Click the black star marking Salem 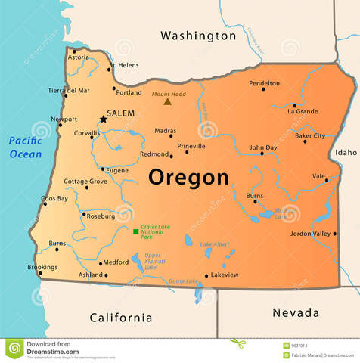[104, 119]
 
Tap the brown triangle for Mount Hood [167, 101]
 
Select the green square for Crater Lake [135, 231]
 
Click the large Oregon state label [188, 177]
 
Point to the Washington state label [198, 36]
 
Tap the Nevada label [295, 312]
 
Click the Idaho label [346, 152]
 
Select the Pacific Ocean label [26, 147]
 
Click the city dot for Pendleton [263, 89]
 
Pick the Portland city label [129, 93]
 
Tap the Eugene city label [117, 171]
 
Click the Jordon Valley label [311, 234]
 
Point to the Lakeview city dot [206, 275]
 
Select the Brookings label [42, 267]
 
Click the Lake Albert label [215, 244]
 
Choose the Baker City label [310, 136]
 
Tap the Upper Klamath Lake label [152, 261]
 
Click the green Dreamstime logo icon [14, 349]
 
